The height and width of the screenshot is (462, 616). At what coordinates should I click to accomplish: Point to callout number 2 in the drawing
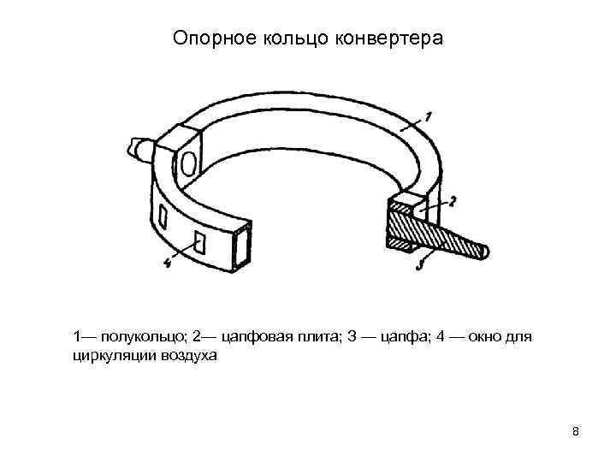[453, 200]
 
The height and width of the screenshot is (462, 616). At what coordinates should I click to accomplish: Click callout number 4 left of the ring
[168, 264]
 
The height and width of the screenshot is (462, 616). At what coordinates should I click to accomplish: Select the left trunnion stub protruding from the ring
[139, 149]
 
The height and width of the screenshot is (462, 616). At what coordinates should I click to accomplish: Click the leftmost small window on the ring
[163, 215]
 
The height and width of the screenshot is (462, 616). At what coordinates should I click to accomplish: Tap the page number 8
[576, 431]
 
